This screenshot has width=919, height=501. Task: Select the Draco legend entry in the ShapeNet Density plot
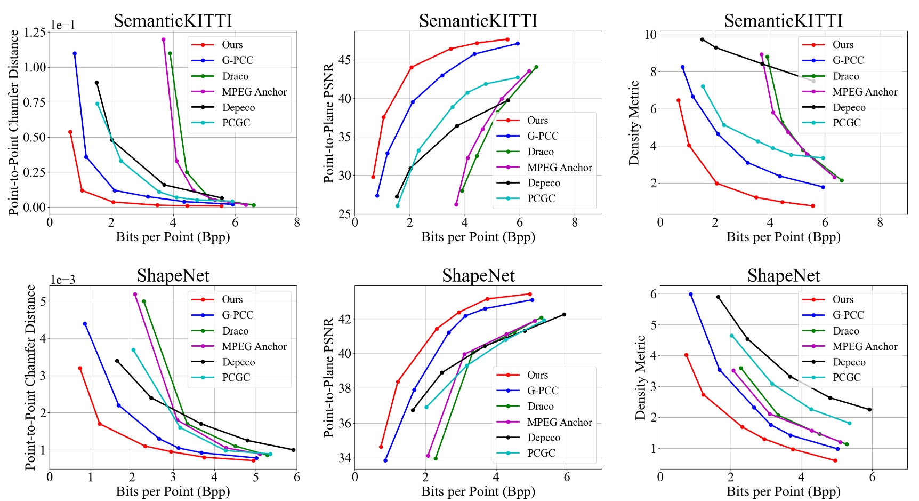pyautogui.click(x=846, y=331)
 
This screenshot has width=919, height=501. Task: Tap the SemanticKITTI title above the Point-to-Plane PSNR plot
pyautogui.click(x=478, y=21)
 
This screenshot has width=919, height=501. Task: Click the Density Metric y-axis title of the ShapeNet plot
pyautogui.click(x=640, y=377)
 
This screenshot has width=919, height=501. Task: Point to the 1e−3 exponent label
pyautogui.click(x=63, y=280)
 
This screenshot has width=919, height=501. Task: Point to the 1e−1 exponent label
pyautogui.click(x=63, y=25)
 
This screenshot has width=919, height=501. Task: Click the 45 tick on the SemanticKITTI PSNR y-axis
pyautogui.click(x=344, y=60)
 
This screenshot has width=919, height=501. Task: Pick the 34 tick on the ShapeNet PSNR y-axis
pyautogui.click(x=344, y=458)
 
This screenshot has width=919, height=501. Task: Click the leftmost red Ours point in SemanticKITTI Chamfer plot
pyautogui.click(x=70, y=132)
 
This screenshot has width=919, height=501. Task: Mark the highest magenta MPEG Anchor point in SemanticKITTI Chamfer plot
pyautogui.click(x=163, y=39)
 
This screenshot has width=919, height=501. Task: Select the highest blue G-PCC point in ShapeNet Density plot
pyautogui.click(x=690, y=295)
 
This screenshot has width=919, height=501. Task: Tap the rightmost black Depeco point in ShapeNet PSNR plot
pyautogui.click(x=564, y=314)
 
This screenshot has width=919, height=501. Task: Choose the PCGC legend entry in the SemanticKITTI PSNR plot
pyautogui.click(x=541, y=198)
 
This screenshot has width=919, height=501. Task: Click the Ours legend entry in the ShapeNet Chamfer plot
pyautogui.click(x=232, y=299)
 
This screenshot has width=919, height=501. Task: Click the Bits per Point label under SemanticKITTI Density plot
pyautogui.click(x=783, y=237)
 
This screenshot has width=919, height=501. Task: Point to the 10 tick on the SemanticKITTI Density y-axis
pyautogui.click(x=650, y=35)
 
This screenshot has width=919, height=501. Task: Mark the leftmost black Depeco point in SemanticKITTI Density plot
pyautogui.click(x=702, y=39)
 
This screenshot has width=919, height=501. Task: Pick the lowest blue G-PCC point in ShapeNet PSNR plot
pyautogui.click(x=385, y=460)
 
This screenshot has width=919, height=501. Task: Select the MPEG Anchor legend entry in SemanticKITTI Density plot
pyautogui.click(x=865, y=92)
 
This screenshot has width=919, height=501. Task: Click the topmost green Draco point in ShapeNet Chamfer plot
pyautogui.click(x=144, y=301)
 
